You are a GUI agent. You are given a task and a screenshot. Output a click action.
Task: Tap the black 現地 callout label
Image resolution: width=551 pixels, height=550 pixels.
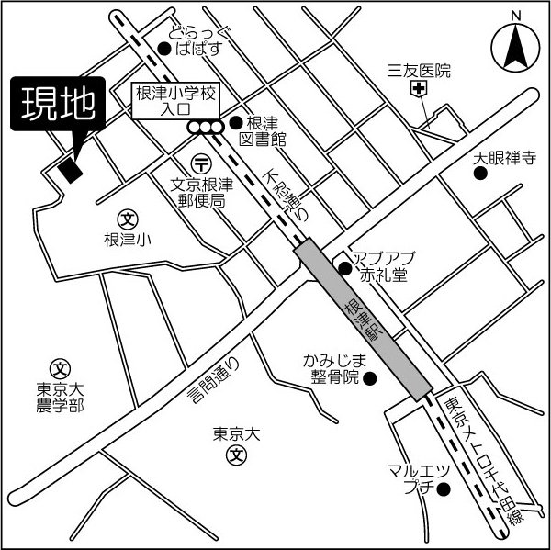pos(57,107)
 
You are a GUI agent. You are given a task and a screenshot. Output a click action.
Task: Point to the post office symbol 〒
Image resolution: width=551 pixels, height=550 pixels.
pos(201,163)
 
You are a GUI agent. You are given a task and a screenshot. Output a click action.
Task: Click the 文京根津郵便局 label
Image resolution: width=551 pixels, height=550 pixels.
pos(202,192)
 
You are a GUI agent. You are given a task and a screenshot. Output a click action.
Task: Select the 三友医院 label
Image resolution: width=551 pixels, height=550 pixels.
pos(420,70)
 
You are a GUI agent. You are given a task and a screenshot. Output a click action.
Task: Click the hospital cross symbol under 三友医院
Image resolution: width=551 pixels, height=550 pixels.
pos(420,89)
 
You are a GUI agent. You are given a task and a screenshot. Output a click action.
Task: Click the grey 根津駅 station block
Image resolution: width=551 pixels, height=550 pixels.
pos(363,320)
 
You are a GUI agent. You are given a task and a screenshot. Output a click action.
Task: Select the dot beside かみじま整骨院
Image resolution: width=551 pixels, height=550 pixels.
pos(370,376)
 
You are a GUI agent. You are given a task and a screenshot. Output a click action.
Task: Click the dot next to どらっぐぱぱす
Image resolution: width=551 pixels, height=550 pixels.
pos(163,48)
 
